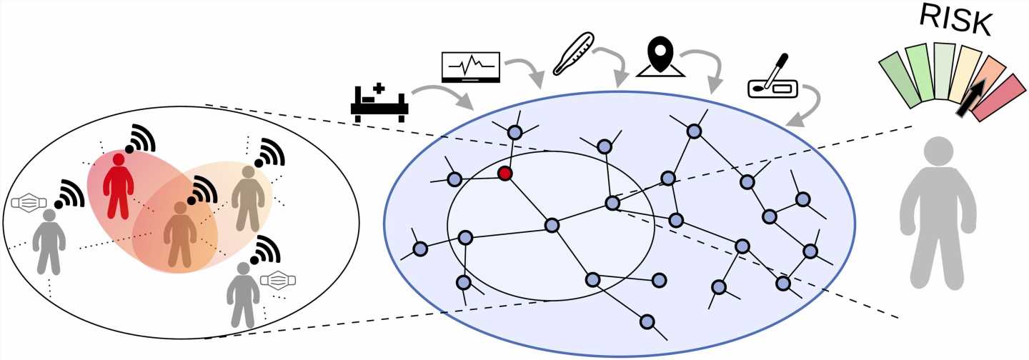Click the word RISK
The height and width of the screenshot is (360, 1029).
tap(955, 20)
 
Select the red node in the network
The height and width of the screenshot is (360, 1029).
tap(505, 174)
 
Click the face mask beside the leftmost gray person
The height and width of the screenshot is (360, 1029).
tap(29, 203)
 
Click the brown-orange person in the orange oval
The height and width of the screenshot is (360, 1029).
tap(179, 233)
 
